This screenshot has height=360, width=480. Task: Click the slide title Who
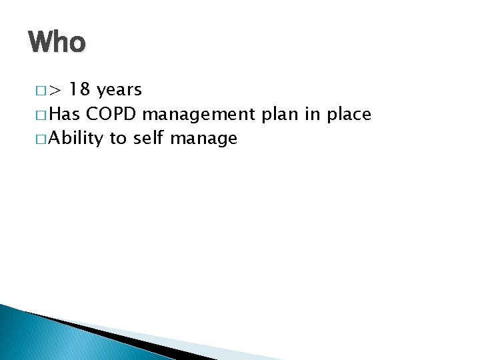(57, 43)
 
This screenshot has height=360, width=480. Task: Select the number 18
(81, 90)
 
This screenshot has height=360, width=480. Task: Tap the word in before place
(312, 114)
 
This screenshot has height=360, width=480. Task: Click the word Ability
(77, 139)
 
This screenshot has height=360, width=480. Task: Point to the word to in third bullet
(119, 139)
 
